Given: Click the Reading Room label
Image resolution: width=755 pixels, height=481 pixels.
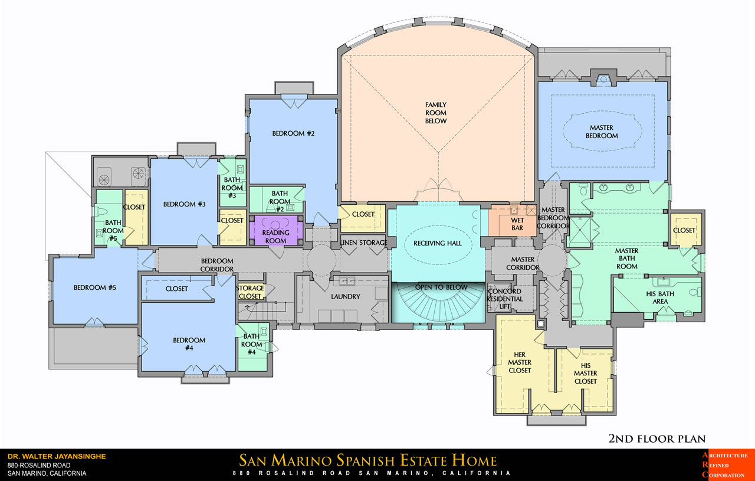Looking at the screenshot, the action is (x=275, y=237).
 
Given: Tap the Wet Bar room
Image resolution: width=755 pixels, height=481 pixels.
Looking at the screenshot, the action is (x=513, y=221).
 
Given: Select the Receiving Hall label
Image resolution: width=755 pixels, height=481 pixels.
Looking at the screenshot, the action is (x=438, y=243).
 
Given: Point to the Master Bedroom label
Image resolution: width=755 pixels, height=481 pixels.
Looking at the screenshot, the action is (x=602, y=132).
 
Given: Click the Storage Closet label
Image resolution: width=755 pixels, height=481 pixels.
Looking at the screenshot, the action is (x=250, y=292).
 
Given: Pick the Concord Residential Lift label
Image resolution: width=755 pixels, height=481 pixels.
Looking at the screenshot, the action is (x=504, y=299).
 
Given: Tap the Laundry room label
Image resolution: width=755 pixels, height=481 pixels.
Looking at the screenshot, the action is (x=346, y=296).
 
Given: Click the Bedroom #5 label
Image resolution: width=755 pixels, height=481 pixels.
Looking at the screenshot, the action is (x=95, y=287).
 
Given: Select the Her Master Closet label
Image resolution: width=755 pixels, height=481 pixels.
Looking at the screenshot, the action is (x=520, y=362).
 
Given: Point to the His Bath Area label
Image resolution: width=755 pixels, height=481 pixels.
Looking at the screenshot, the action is (x=660, y=297).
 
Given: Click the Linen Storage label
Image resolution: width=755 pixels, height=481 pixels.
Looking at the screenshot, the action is (x=363, y=243).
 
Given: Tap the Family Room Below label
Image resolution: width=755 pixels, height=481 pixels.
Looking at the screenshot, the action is (x=436, y=113).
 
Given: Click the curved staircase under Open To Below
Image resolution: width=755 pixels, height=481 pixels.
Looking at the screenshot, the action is (x=438, y=303).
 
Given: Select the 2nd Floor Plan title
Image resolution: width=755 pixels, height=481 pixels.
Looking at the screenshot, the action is (x=657, y=439).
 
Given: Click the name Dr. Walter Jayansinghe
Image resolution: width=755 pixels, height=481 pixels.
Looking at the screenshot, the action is (x=57, y=456).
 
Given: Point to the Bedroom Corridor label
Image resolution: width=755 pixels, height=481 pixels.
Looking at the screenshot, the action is (x=217, y=265).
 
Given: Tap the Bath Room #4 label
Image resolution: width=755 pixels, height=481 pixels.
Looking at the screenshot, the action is (x=251, y=344).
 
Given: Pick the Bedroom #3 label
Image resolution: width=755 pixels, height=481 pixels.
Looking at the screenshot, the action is (x=184, y=204).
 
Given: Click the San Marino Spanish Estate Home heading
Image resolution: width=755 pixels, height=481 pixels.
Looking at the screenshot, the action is (x=367, y=460).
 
